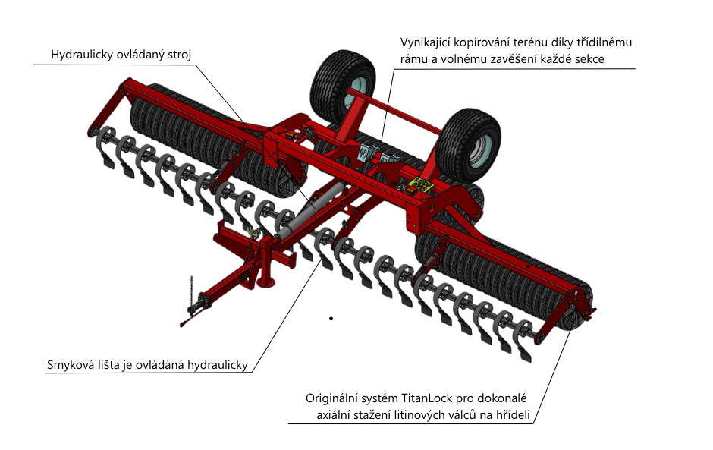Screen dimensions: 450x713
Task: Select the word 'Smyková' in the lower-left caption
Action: point(71,366)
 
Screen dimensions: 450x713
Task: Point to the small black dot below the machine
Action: point(331,318)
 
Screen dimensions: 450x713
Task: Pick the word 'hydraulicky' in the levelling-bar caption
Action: point(215,366)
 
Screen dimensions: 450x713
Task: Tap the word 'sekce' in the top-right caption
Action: point(589,58)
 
